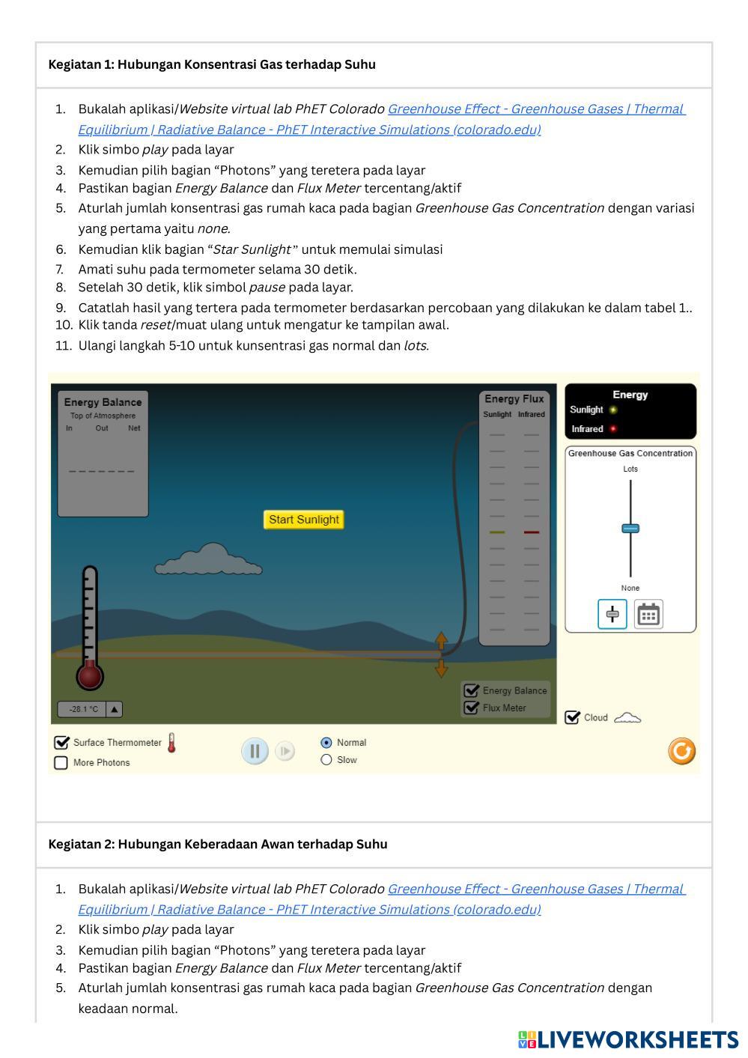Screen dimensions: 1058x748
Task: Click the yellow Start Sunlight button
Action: [303, 520]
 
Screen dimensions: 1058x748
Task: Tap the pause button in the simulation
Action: [255, 751]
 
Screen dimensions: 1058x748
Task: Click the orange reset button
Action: [681, 751]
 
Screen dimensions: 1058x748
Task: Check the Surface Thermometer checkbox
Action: [61, 743]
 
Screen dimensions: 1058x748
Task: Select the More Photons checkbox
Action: [61, 763]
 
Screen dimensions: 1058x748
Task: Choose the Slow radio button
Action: [326, 760]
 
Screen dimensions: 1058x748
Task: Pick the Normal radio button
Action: [326, 743]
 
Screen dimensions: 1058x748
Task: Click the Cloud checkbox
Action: [572, 717]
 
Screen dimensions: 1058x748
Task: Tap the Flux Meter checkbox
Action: [471, 708]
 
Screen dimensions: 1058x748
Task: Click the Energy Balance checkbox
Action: [471, 690]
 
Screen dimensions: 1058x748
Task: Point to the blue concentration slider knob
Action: [630, 529]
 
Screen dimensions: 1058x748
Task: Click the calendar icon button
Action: [648, 615]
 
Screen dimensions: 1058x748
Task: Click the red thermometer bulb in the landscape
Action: [90, 676]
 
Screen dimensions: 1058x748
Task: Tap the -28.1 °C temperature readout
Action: [83, 709]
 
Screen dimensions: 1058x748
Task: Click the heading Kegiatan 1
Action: [212, 64]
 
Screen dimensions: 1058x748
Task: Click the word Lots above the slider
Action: [630, 469]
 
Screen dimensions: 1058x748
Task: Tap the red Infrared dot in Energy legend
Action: [613, 429]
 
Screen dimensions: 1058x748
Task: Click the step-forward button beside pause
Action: [285, 751]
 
